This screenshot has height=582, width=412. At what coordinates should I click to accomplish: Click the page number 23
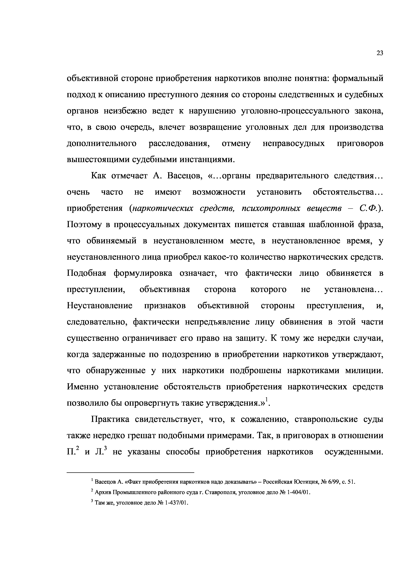point(380,53)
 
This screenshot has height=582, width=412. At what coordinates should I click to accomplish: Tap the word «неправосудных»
point(294,144)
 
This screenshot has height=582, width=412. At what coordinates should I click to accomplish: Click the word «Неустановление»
point(100,306)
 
